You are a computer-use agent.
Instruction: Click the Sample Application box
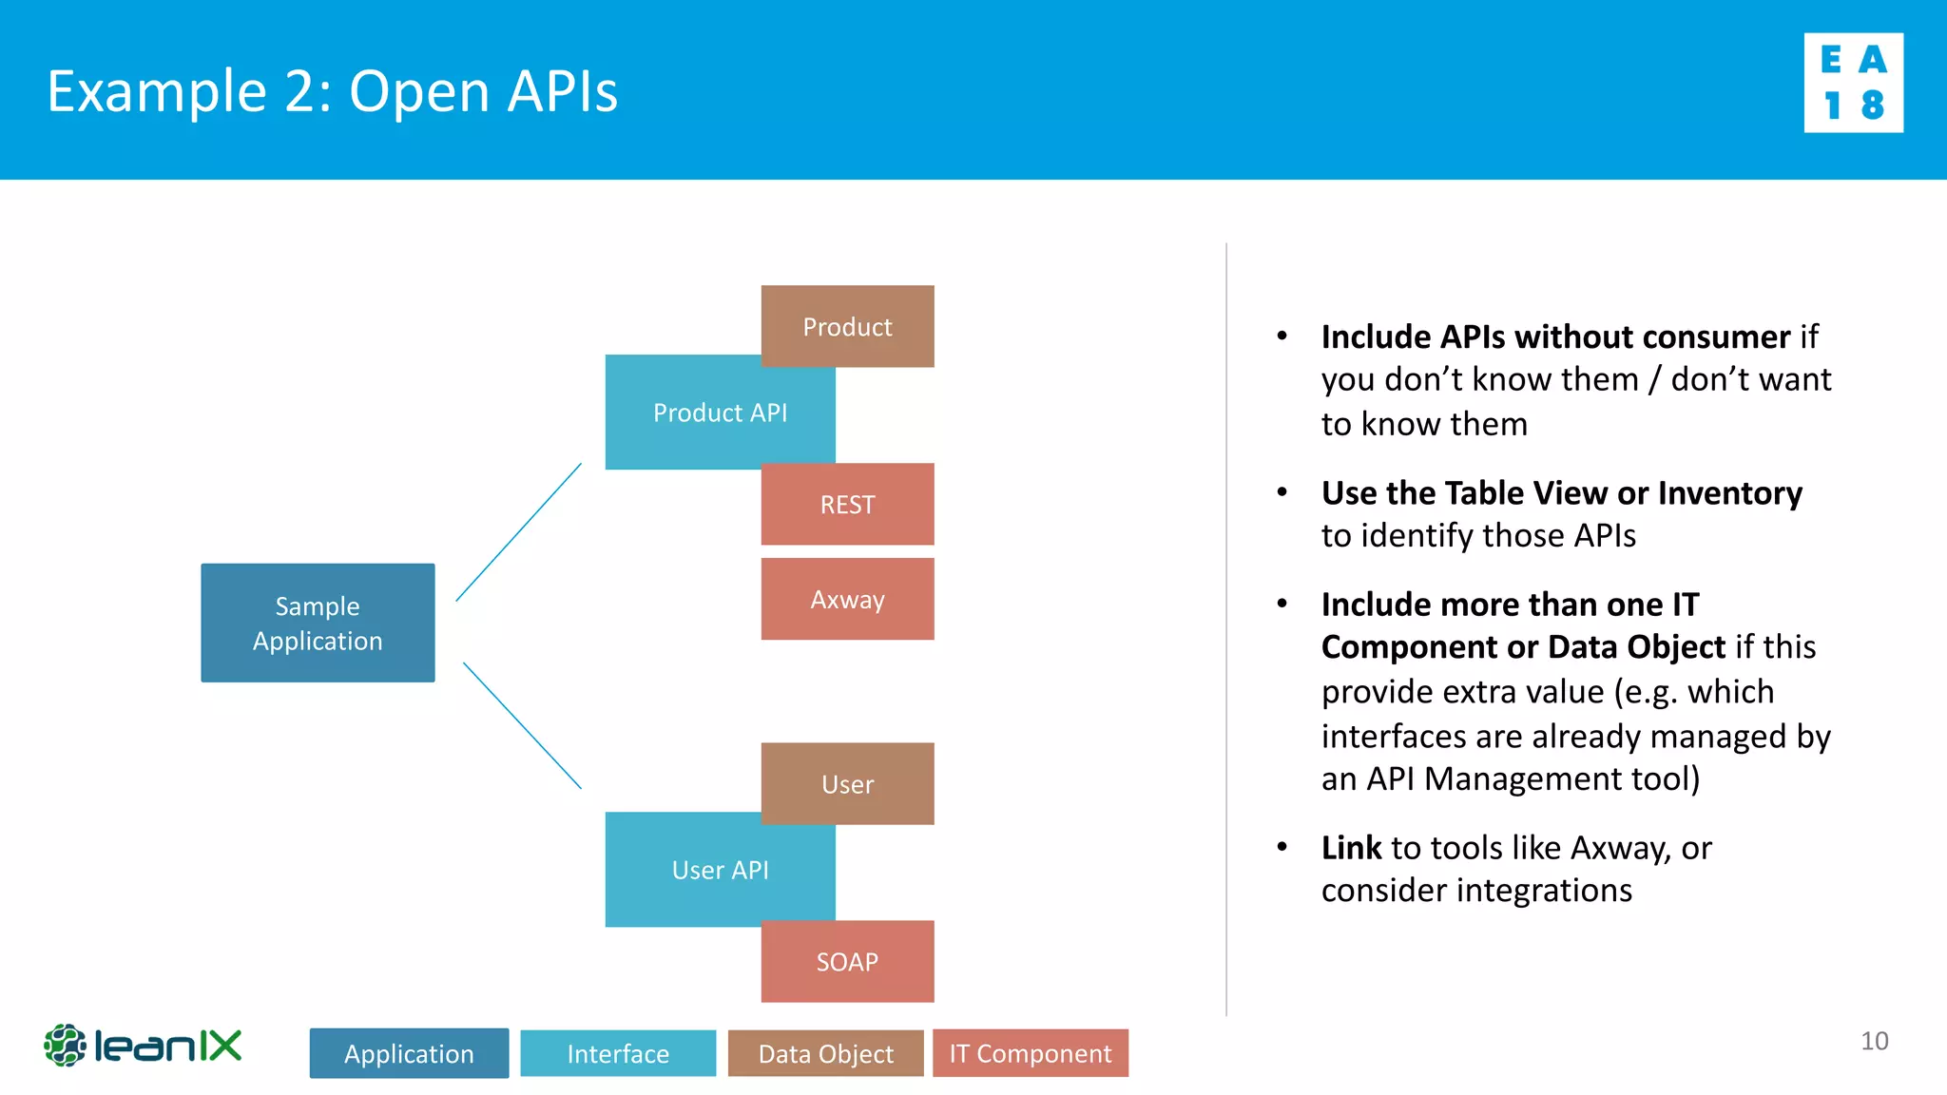(x=318, y=623)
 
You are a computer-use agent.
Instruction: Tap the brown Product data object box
(x=847, y=326)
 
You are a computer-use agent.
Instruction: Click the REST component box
(x=847, y=504)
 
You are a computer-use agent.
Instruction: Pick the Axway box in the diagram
(x=847, y=599)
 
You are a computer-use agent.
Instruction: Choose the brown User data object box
(x=847, y=783)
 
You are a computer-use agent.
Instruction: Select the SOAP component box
(x=847, y=961)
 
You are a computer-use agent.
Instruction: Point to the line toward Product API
(x=519, y=531)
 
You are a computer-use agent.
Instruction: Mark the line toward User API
(x=522, y=725)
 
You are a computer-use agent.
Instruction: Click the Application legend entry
(x=409, y=1053)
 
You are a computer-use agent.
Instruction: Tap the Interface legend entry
(x=618, y=1053)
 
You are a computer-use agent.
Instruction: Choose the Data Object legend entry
(x=825, y=1053)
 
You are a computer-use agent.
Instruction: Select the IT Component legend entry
(x=1030, y=1053)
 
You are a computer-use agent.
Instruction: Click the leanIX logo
(x=143, y=1046)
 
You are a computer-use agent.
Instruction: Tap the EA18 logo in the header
(x=1853, y=83)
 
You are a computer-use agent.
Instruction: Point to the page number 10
(x=1874, y=1041)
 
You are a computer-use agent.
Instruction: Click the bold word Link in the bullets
(x=1351, y=847)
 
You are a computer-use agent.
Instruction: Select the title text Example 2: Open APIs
(x=332, y=91)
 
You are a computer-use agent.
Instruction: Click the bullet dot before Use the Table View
(x=1282, y=492)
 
